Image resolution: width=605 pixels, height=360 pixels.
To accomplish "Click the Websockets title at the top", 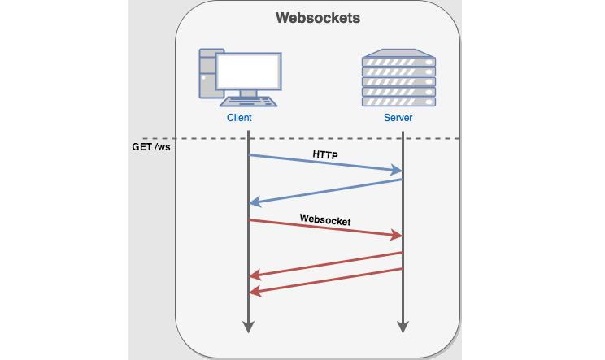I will click(x=317, y=18).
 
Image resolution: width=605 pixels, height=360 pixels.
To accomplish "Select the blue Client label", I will click(x=239, y=118).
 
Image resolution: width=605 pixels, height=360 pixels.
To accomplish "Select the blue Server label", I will click(x=398, y=118).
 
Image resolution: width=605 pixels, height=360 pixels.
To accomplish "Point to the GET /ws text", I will click(x=151, y=148).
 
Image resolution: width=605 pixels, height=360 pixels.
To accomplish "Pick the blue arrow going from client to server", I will click(x=325, y=163).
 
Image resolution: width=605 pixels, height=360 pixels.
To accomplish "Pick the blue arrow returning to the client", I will click(x=325, y=191).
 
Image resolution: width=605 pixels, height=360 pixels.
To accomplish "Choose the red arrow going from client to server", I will click(x=325, y=228).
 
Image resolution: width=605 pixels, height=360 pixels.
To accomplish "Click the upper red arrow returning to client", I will click(x=325, y=264).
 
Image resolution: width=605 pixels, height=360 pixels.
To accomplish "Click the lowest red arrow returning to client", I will click(x=325, y=280).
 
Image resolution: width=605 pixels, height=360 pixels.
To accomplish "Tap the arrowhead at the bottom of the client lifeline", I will click(x=249, y=327).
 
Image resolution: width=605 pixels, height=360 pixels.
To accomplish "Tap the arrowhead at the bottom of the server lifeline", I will click(x=403, y=327).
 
